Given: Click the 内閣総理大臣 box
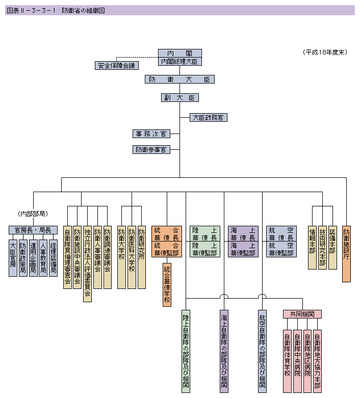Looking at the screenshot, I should point(179,61).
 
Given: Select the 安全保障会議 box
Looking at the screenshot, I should point(117,65).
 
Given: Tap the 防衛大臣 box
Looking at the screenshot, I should point(179,79).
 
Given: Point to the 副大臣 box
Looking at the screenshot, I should point(179,97).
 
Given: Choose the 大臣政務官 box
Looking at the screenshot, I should point(208,117).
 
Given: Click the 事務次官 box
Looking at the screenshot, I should point(151,134).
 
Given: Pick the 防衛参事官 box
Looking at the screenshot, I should point(151,150).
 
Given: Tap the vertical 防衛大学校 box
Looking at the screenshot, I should point(122,256).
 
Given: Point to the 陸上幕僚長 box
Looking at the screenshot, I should point(205,233).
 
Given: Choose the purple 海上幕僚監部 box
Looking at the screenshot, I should point(243,249).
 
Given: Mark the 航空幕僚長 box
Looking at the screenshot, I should point(281,233).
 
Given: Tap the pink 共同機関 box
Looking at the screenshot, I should point(302,314).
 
